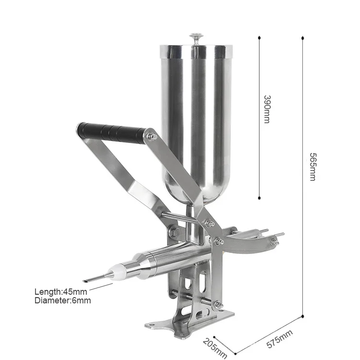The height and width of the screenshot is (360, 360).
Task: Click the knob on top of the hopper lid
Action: point(196,36)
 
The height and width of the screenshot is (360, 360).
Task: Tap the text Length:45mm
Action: point(60,291)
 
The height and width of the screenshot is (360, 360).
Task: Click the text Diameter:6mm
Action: point(62,300)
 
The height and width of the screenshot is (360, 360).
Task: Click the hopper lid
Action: point(196,48)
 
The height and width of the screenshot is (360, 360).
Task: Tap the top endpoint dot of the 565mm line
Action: point(303,37)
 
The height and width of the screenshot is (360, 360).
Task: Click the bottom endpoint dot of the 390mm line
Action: point(259,197)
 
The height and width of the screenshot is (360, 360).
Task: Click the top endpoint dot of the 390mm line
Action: point(259,37)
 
